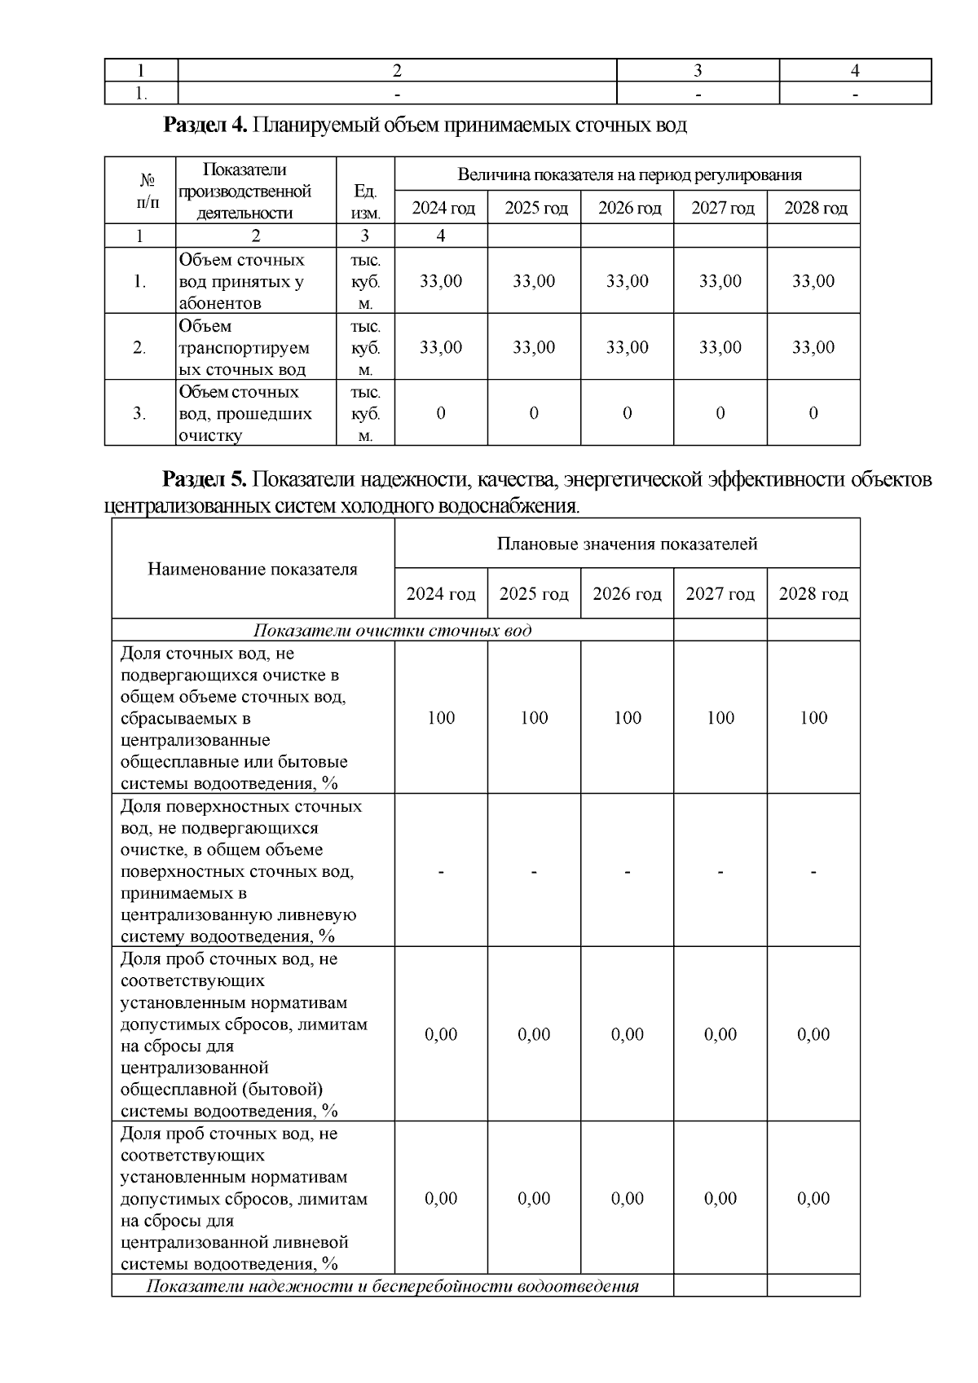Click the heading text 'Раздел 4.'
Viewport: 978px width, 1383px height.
click(x=205, y=125)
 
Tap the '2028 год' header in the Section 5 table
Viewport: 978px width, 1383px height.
click(x=813, y=593)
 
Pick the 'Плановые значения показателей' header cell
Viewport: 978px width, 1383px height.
click(x=627, y=544)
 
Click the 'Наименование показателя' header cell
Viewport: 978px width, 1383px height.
click(x=253, y=569)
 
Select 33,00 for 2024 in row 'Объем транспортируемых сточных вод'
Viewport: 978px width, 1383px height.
click(x=441, y=347)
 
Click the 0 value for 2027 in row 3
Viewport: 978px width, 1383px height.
click(x=720, y=413)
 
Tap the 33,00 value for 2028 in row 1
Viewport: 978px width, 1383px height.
click(x=813, y=281)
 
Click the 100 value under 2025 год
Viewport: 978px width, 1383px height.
click(x=534, y=718)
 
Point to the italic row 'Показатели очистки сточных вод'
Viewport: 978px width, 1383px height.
click(x=393, y=630)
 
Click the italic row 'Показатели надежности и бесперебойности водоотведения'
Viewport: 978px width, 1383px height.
click(x=393, y=1286)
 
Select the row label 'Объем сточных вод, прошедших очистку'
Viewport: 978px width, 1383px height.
click(x=244, y=413)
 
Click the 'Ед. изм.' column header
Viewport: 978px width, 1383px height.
click(x=365, y=202)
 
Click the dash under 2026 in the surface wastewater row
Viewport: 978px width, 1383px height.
click(x=627, y=871)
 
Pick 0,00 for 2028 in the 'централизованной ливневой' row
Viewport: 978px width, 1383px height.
click(x=813, y=1198)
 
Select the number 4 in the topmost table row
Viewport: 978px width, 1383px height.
click(x=855, y=70)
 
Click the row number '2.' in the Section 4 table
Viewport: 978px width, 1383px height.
click(x=139, y=347)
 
